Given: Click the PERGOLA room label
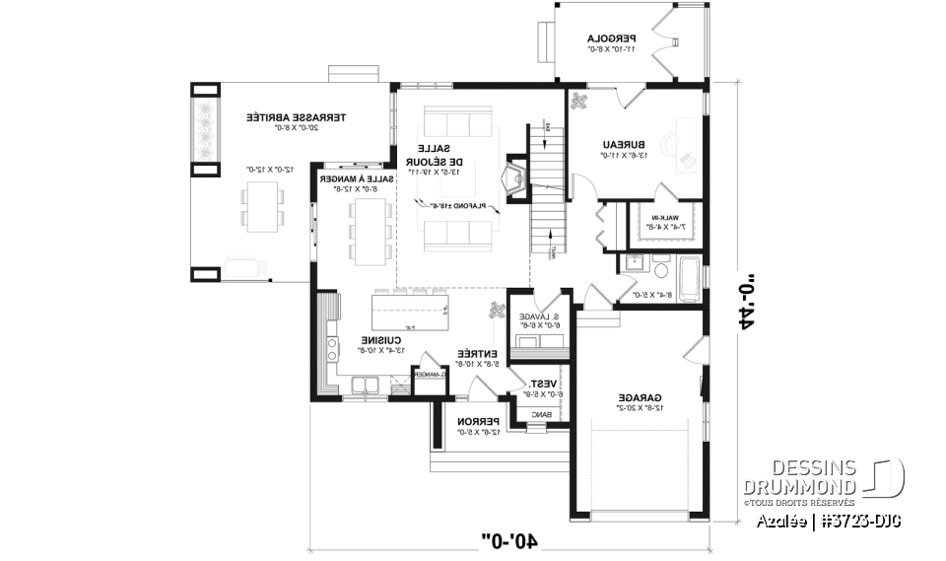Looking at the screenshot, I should tap(612, 38).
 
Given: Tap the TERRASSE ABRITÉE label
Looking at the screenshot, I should tap(254, 117).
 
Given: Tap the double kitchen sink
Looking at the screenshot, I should tap(367, 384).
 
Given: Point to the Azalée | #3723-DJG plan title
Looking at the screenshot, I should tap(829, 519).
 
